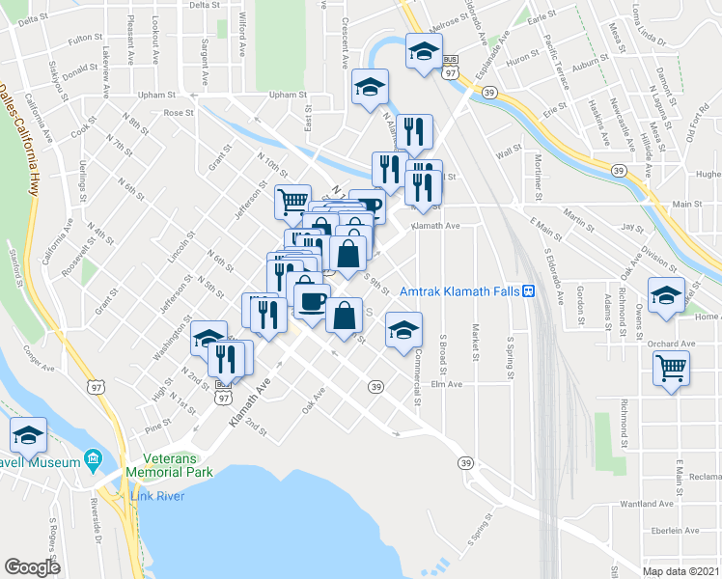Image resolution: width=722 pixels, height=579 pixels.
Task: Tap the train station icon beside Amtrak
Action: tap(529, 290)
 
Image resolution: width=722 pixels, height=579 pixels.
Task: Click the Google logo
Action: tap(32, 567)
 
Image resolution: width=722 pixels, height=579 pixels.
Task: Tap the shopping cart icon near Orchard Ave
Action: tap(672, 367)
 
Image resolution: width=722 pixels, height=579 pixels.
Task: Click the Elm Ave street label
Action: tap(447, 384)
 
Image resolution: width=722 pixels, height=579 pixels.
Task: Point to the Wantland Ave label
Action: tap(647, 504)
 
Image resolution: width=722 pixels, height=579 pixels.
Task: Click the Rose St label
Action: tap(179, 113)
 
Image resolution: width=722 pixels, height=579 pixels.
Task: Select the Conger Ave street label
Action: tap(40, 366)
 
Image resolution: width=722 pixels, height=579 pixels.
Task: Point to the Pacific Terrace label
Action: tap(557, 59)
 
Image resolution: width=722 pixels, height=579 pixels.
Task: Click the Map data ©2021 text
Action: tap(681, 571)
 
